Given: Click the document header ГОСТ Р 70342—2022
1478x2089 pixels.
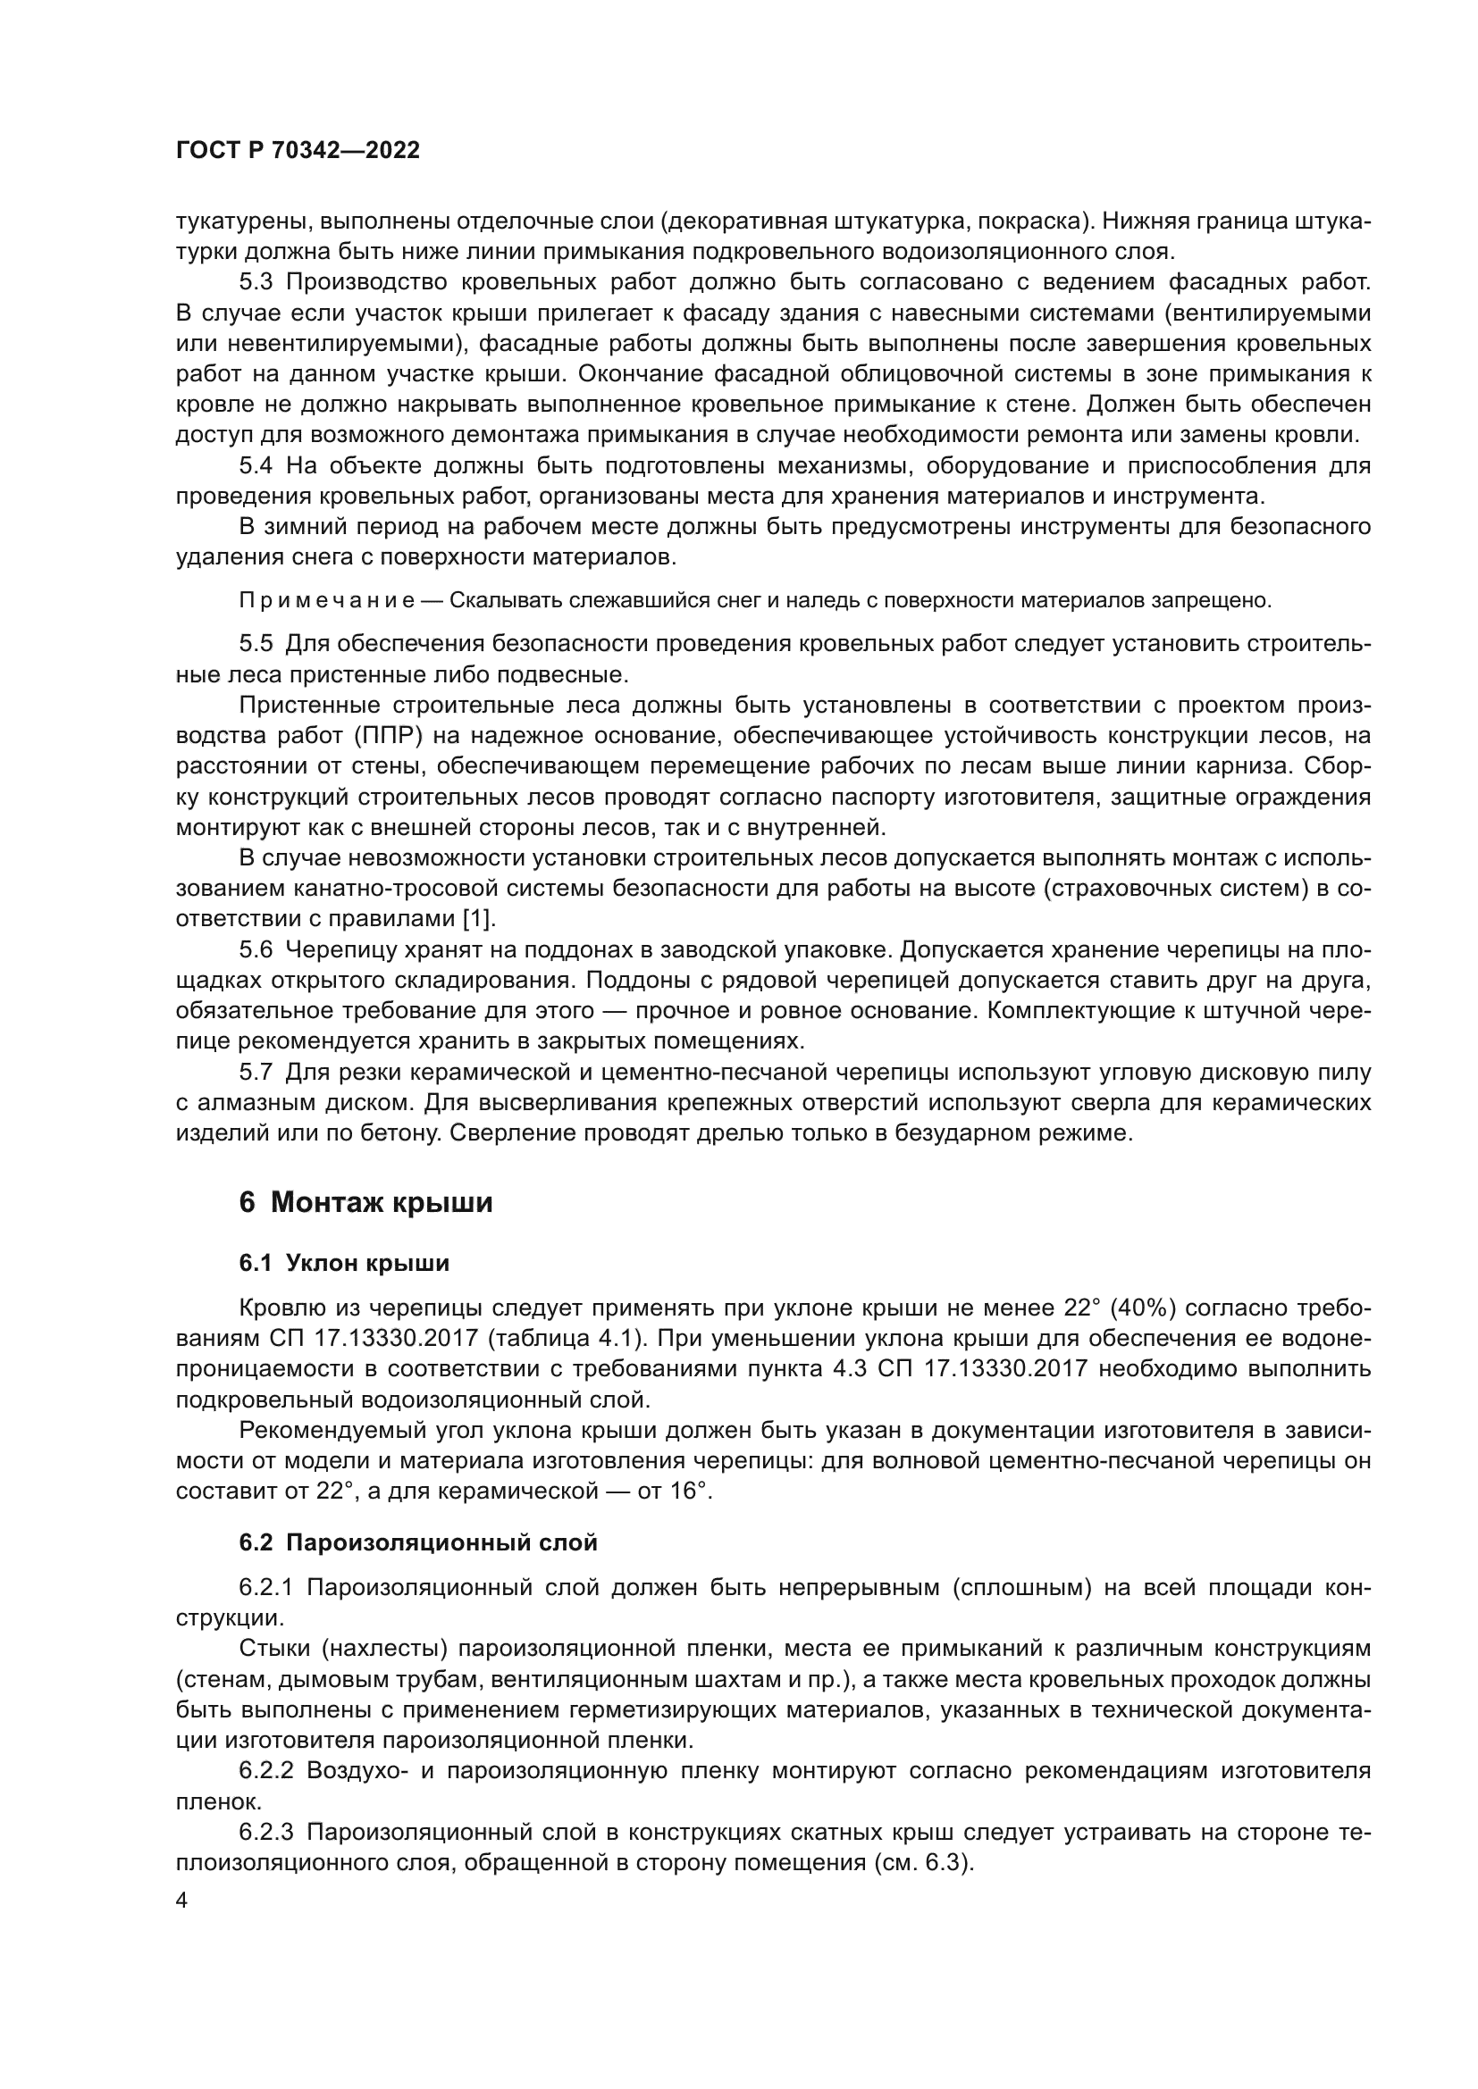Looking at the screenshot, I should click(298, 151).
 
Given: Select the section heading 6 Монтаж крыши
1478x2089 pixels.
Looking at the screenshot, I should click(365, 1203).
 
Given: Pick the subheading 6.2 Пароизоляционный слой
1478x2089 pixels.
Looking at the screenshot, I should click(417, 1542).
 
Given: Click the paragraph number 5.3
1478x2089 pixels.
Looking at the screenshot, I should click(256, 282).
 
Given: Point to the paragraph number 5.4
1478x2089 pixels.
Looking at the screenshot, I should click(256, 466).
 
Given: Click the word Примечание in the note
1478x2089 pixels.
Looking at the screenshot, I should click(327, 600).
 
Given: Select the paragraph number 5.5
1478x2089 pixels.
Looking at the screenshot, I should click(256, 644).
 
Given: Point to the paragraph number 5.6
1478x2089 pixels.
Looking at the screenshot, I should click(256, 950).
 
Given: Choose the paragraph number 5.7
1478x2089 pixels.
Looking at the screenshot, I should click(256, 1073).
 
